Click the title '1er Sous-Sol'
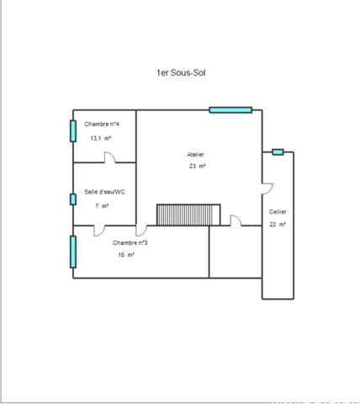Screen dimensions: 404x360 [x=181, y=73]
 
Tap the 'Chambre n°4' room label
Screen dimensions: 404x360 [x=102, y=125]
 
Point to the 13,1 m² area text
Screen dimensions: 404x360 [x=101, y=138]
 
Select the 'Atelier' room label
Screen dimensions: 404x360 [x=196, y=155]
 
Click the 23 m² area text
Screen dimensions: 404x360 [x=198, y=167]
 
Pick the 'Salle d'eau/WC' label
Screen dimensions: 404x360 [x=104, y=192]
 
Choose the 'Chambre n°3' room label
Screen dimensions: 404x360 [x=130, y=243]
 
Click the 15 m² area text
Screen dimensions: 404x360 [x=126, y=255]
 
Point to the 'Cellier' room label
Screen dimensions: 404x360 [x=278, y=212]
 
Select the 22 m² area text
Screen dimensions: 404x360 [x=278, y=225]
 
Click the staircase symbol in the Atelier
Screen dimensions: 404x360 [x=188, y=215]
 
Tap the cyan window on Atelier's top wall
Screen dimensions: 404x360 [x=230, y=109]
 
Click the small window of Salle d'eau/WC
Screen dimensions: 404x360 [x=73, y=199]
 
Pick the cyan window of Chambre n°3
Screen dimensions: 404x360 [x=73, y=252]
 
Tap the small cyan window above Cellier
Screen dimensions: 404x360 [x=278, y=152]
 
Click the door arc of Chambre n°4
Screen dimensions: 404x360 [x=109, y=157]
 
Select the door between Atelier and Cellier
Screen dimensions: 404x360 [x=267, y=186]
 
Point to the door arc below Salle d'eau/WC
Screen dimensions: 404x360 [x=99, y=230]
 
